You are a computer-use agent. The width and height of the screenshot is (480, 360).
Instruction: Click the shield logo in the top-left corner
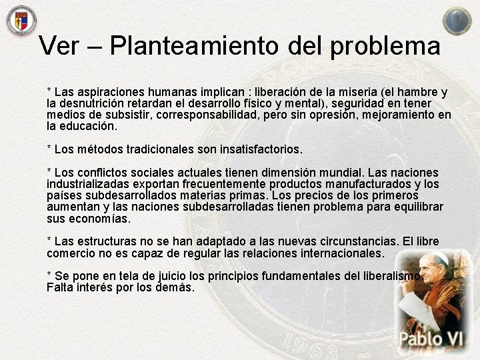[x=21, y=20]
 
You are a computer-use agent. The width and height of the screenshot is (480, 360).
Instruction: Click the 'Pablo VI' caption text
[x=431, y=339]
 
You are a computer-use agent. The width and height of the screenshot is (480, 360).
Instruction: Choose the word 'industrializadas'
[x=89, y=184]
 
